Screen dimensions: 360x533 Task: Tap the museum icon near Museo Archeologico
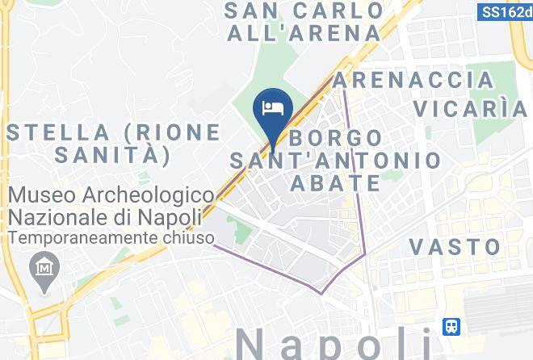41,266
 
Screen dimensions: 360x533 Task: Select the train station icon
452,327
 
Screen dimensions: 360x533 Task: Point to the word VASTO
455,246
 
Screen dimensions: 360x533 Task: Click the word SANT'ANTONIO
336,160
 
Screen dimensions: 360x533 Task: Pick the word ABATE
335,183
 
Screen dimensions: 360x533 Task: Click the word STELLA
56,132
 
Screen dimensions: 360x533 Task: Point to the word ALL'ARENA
304,33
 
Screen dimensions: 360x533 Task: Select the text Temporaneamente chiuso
112,238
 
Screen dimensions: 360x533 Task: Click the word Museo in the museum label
42,195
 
